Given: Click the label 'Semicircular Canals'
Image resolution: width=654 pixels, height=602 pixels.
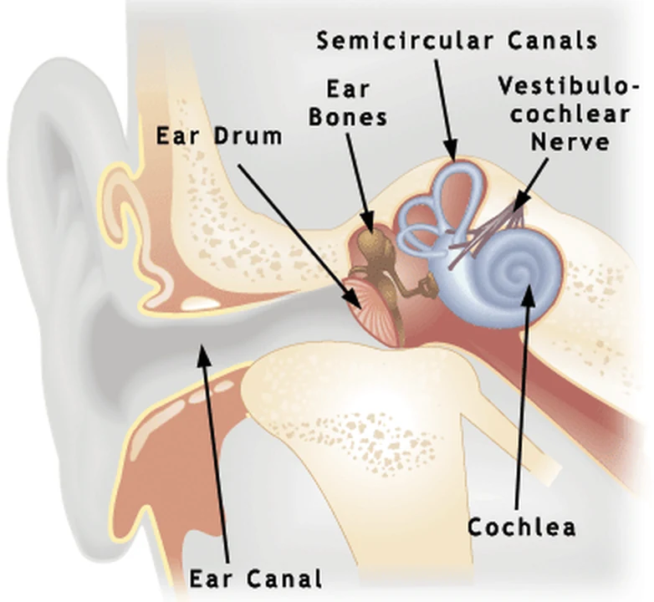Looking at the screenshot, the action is tap(457, 41).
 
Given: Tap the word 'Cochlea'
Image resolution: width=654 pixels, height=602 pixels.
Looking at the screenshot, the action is tap(521, 527).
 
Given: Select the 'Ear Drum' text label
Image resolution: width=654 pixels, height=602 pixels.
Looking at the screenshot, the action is tap(219, 136).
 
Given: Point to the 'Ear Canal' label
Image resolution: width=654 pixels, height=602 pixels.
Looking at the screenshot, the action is tap(256, 579).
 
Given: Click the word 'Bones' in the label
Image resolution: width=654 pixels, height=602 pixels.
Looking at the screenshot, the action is tap(348, 117).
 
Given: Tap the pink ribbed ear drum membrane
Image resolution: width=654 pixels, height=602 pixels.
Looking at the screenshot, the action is tap(371, 306).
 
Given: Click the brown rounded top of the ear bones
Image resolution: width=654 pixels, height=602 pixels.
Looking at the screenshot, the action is tap(373, 238).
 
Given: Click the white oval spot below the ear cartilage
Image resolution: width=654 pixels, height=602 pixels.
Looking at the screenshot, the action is tap(200, 303).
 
